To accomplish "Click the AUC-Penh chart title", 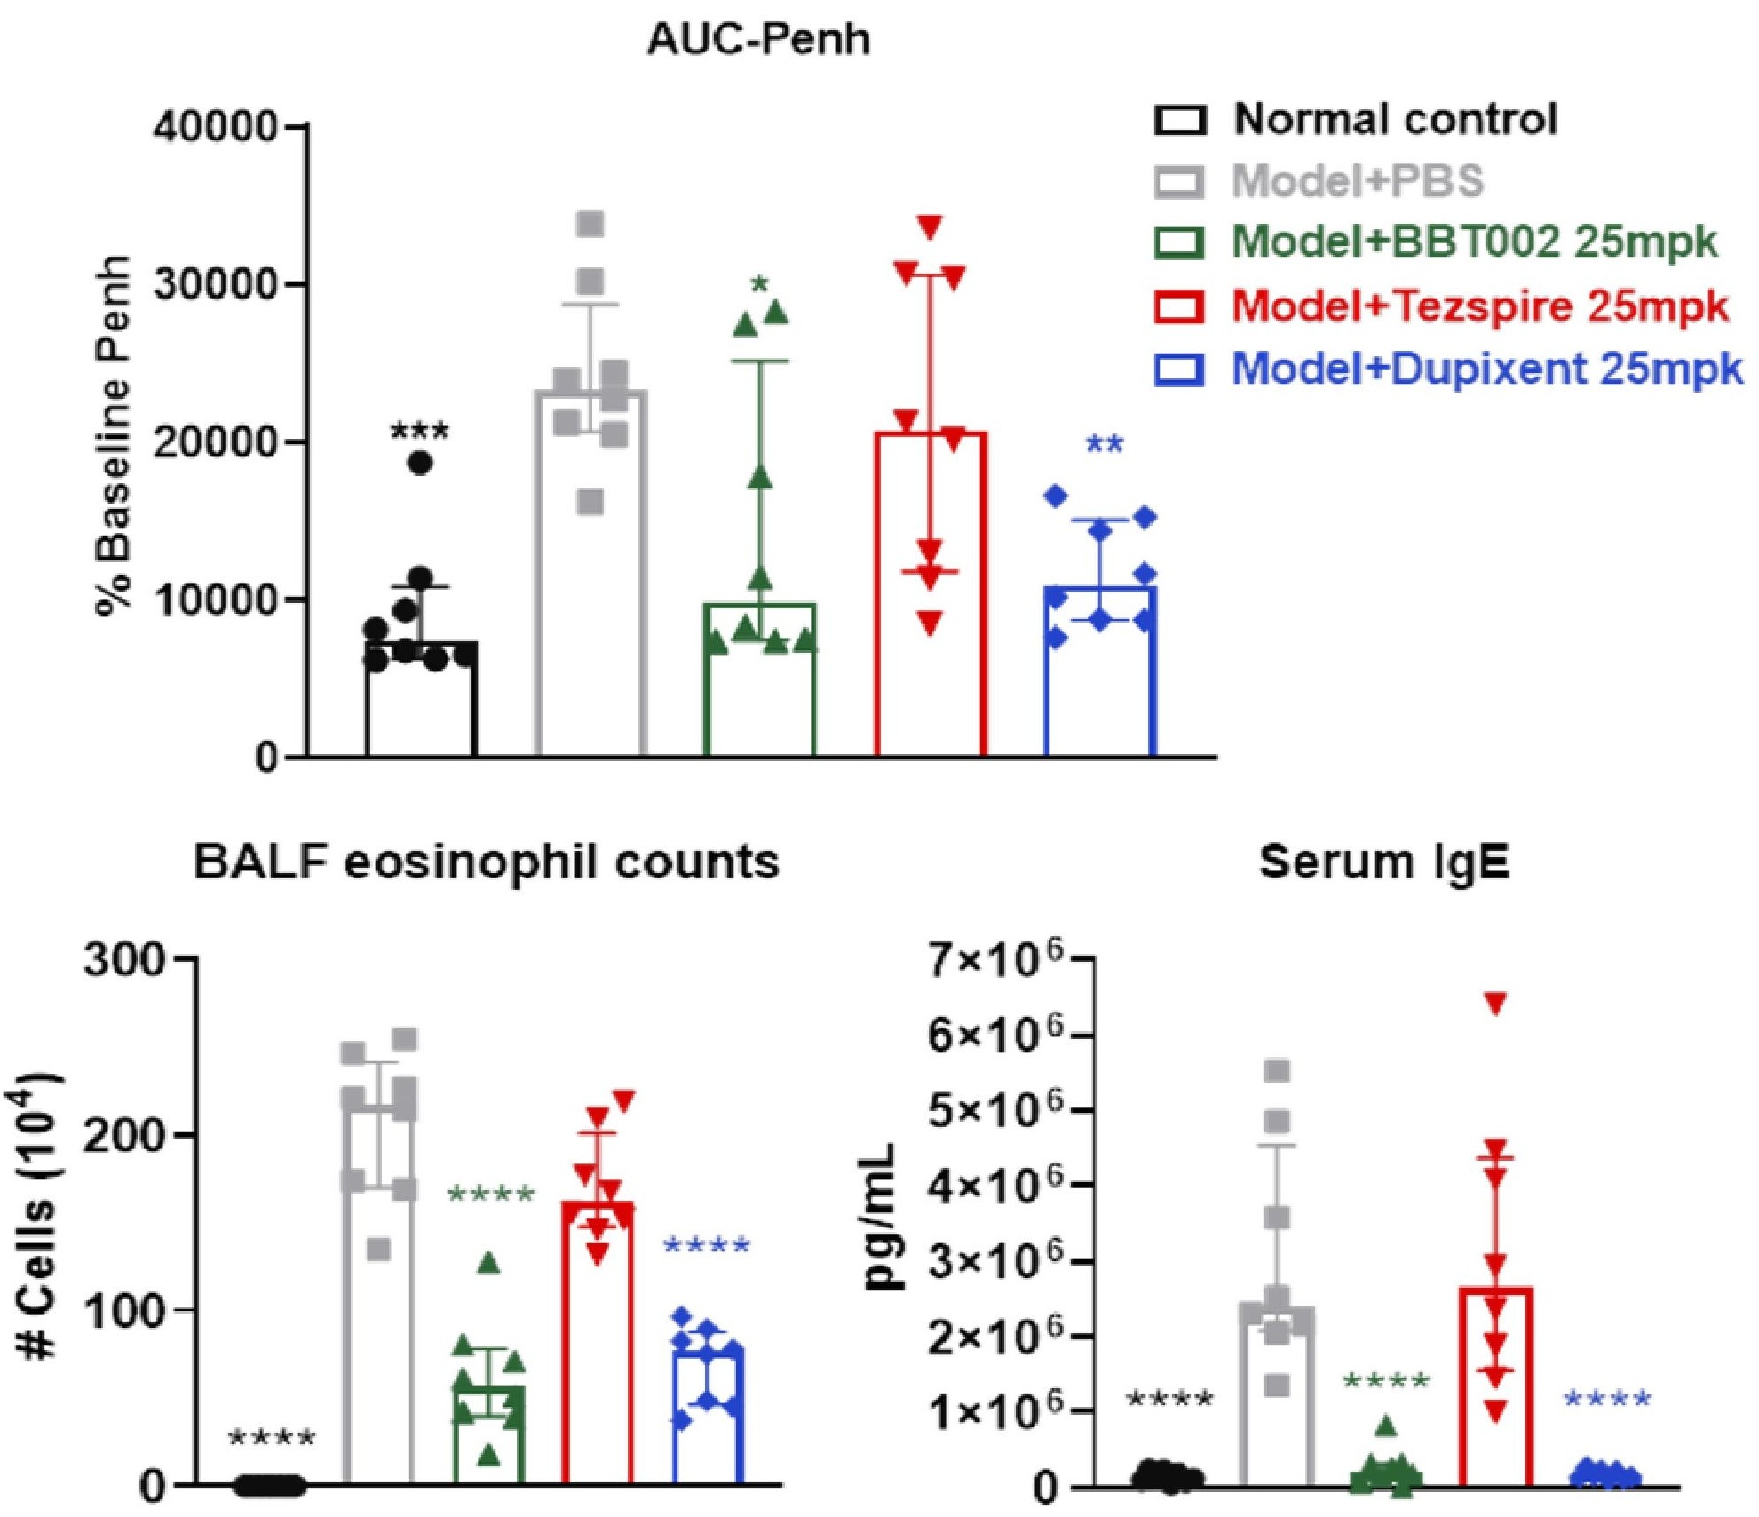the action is click(758, 40).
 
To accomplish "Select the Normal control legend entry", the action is click(1357, 119).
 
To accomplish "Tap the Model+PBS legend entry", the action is click(1319, 181).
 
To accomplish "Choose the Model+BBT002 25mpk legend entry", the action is click(1436, 242).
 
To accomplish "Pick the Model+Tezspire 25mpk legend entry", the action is click(1441, 306).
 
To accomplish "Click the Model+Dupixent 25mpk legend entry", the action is click(1448, 369).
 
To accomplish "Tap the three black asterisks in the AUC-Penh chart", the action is click(420, 433).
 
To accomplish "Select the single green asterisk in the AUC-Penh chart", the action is click(760, 285).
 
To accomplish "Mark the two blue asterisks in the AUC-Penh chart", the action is click(1105, 444).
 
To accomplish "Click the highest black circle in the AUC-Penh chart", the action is click(420, 463).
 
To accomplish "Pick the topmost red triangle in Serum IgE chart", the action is click(1495, 1004).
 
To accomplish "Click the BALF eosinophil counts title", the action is click(486, 862).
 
